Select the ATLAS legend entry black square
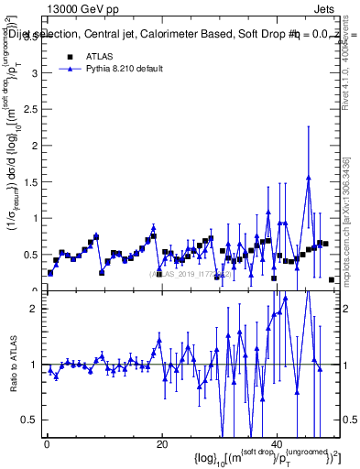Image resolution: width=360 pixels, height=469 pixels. (x=70, y=56)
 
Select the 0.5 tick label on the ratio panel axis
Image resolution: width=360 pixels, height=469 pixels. (x=30, y=420)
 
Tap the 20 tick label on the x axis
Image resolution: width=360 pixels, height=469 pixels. (x=161, y=444)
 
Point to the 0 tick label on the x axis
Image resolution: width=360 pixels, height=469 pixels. (x=47, y=444)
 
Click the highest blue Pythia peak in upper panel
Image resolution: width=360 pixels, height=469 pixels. (x=308, y=179)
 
